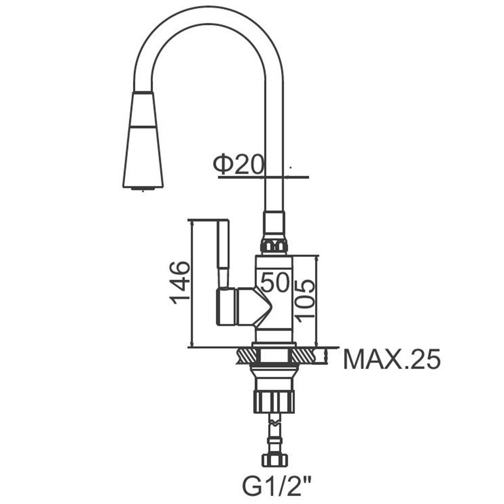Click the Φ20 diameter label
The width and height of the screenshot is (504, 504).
click(x=238, y=164)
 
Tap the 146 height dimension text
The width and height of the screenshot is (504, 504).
click(x=180, y=283)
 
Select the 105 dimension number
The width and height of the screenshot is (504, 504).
click(x=304, y=300)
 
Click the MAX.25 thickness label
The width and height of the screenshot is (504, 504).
click(x=391, y=359)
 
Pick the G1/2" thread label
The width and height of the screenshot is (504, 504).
click(x=277, y=487)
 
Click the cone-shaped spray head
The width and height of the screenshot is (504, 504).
click(x=143, y=139)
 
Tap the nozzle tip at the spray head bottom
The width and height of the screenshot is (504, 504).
click(x=143, y=189)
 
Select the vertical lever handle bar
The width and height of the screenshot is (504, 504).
click(x=223, y=253)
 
